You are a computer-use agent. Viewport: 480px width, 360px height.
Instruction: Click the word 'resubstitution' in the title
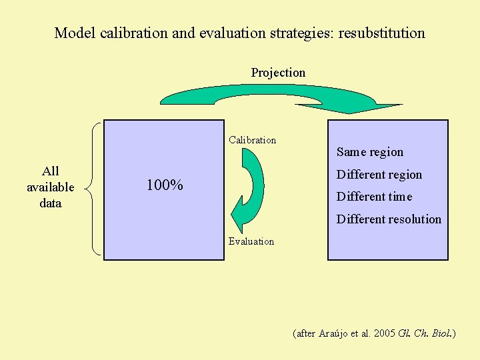381,33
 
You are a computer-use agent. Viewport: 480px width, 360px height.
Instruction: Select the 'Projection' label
278,73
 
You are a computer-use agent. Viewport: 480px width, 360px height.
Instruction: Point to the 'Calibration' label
252,140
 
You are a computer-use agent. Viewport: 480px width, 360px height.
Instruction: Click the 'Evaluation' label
251,241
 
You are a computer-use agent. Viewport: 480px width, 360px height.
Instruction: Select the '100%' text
165,185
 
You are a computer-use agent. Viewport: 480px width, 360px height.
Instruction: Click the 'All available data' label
51,187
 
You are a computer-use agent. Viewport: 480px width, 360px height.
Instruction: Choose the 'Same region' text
369,152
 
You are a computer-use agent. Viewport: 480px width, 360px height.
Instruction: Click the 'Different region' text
379,175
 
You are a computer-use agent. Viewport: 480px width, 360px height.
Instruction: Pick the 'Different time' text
374,197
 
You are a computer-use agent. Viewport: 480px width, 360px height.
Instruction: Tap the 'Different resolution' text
389,219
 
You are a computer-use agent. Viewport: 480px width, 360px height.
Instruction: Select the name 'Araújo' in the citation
332,333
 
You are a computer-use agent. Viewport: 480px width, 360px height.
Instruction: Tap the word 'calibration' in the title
133,33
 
